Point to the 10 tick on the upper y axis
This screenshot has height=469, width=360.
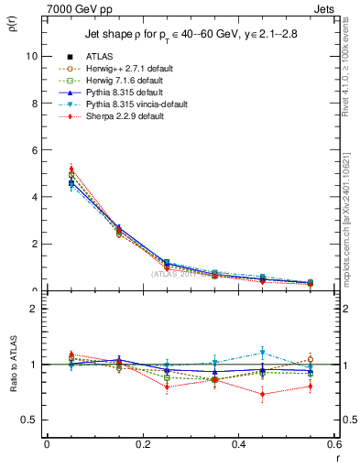[x=33, y=56]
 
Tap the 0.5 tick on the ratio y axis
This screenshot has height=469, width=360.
[x=31, y=420]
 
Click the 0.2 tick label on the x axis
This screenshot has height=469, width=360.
[x=142, y=443]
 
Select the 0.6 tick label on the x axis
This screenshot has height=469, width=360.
[x=334, y=443]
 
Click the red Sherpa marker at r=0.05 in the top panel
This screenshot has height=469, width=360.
[x=71, y=169]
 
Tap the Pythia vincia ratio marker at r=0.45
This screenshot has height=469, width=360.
[x=263, y=352]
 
